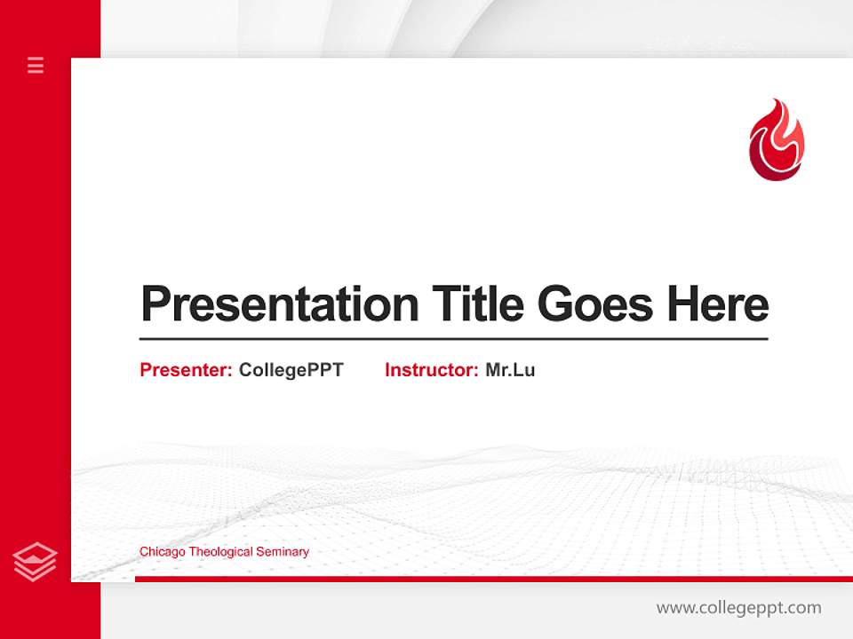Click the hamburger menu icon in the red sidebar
point(36,65)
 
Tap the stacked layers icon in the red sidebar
point(35,562)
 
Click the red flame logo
point(776,140)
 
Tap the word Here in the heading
point(718,304)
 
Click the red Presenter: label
point(186,370)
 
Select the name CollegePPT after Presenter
point(291,370)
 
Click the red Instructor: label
point(431,370)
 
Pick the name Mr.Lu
point(510,370)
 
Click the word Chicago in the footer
point(162,552)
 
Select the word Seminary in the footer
point(283,552)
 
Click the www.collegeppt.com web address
point(738,608)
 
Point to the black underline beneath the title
point(453,339)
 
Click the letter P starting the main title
point(155,304)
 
